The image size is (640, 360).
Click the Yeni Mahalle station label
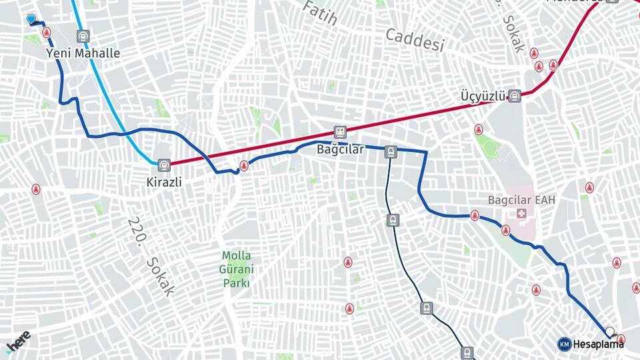(83, 53)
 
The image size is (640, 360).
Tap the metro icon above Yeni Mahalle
(83, 37)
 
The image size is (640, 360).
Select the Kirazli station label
(164, 181)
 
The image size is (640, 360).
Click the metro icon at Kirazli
(164, 163)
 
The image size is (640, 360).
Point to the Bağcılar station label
(340, 149)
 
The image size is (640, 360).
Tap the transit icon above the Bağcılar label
(340, 132)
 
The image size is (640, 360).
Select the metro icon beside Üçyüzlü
(514, 96)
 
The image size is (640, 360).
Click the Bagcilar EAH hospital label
(522, 199)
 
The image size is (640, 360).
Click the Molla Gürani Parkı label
(237, 269)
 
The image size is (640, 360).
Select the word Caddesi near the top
(415, 40)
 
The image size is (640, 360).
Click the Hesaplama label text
(599, 344)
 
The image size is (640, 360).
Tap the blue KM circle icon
(564, 344)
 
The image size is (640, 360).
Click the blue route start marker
(31, 19)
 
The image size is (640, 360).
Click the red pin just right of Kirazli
(244, 165)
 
